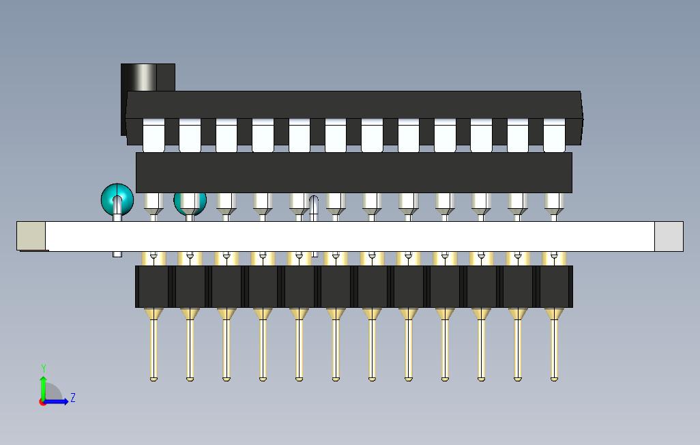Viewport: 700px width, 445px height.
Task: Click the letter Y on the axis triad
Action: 44,369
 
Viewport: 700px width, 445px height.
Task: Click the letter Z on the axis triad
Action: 73,397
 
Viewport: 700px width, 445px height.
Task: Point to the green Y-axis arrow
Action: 43,385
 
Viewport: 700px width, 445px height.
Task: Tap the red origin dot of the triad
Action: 42,402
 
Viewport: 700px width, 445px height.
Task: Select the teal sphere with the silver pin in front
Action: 117,199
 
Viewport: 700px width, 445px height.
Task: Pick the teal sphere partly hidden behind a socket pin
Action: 190,202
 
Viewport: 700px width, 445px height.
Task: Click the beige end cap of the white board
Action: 31,236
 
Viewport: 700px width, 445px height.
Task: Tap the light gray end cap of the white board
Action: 668,236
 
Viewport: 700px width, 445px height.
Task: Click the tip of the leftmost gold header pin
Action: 154,377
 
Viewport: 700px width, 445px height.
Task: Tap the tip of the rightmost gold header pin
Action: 554,377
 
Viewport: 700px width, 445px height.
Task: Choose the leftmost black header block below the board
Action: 154,287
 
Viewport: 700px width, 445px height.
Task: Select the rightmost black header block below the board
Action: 554,287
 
